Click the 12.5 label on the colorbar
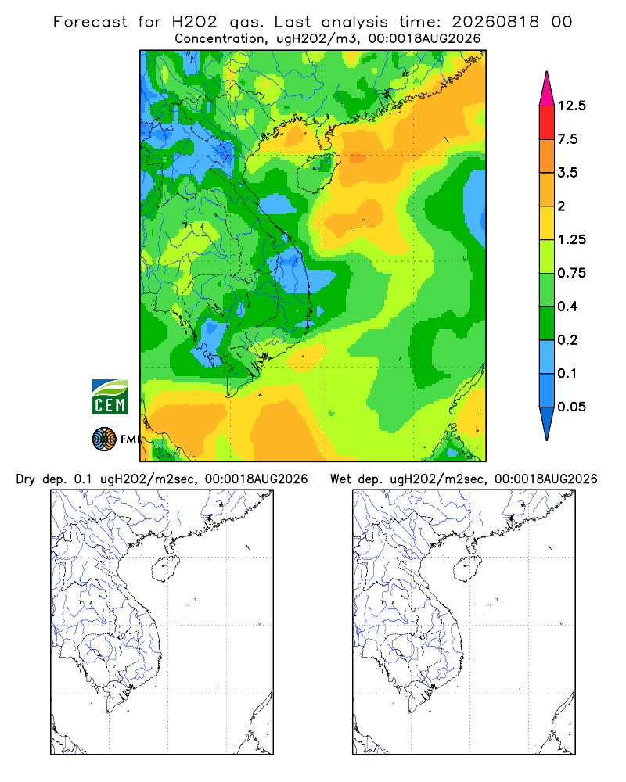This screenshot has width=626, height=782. coord(571,106)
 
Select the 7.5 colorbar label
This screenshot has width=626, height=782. coord(567,139)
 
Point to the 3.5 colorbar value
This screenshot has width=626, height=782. coord(567,173)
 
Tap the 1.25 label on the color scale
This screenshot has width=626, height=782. coord(571,239)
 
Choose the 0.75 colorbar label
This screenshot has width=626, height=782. coord(571,273)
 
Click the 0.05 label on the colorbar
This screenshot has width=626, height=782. coord(571,407)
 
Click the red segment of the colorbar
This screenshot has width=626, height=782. coord(547,123)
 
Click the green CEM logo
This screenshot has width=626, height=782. coord(110,397)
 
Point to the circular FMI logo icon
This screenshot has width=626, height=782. coord(104,439)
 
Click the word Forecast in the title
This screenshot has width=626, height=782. coord(90,22)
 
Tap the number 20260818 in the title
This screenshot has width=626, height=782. coord(495,22)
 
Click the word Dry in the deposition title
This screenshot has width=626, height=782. coord(26,479)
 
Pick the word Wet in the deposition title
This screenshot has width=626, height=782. coord(341,479)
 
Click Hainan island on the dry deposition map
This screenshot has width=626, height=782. coord(165,569)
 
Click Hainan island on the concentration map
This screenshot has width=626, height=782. coord(318,172)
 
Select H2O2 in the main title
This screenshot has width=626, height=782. coord(195,22)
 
